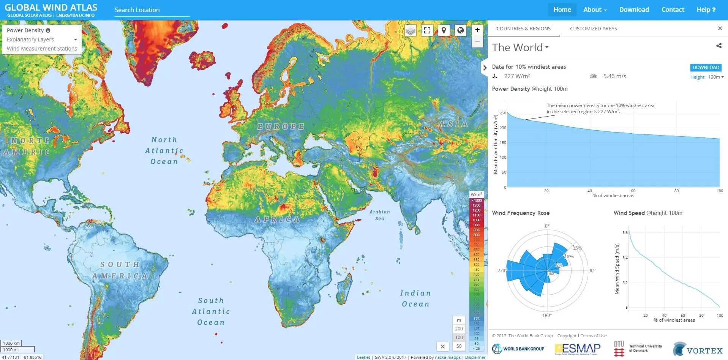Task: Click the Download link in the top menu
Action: [634, 9]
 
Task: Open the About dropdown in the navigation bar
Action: [595, 9]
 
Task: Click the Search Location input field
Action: [152, 10]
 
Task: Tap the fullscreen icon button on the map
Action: [427, 30]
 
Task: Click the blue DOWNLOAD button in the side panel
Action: [705, 67]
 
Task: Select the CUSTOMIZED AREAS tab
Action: [593, 28]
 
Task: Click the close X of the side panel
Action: [720, 28]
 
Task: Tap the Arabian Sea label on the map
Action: [379, 215]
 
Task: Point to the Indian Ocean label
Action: [415, 298]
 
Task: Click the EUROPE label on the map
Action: [281, 126]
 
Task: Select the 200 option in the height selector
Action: [459, 328]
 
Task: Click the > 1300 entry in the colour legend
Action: [476, 201]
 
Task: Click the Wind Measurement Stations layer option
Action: [42, 49]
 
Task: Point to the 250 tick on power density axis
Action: [502, 113]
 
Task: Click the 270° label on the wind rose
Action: [502, 271]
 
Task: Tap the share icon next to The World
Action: [719, 46]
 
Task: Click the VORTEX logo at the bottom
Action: [698, 349]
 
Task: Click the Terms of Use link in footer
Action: [593, 336]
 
